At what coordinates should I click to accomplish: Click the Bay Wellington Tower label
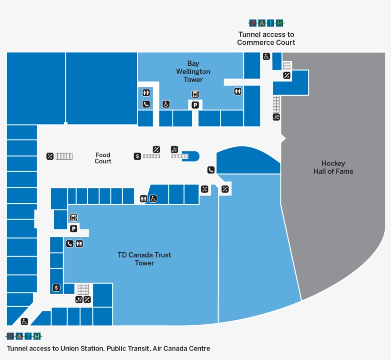click(x=193, y=72)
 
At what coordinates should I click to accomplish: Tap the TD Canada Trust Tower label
click(x=144, y=259)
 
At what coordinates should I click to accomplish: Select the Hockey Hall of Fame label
click(x=333, y=167)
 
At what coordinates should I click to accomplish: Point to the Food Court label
click(x=103, y=158)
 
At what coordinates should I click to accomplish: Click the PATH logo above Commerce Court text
click(x=266, y=23)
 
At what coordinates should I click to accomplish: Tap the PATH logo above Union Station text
click(x=24, y=337)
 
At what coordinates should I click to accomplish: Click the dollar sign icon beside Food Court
click(x=137, y=156)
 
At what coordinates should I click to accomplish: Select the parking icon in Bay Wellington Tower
click(x=195, y=105)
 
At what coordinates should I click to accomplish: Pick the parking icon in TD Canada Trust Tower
click(x=73, y=229)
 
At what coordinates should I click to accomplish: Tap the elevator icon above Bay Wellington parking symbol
click(x=195, y=94)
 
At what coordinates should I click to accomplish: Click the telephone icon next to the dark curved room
click(x=211, y=170)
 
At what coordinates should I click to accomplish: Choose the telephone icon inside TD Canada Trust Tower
click(x=70, y=244)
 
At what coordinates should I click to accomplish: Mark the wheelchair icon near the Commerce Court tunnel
click(x=266, y=56)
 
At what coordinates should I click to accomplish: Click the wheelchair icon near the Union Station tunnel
click(x=24, y=321)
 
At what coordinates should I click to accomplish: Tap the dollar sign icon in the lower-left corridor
click(x=56, y=288)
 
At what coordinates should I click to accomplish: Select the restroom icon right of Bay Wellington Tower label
click(x=237, y=91)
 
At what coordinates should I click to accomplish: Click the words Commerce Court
click(x=266, y=42)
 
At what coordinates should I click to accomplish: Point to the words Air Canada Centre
click(x=182, y=349)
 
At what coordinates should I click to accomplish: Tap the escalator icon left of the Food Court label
click(x=50, y=156)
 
